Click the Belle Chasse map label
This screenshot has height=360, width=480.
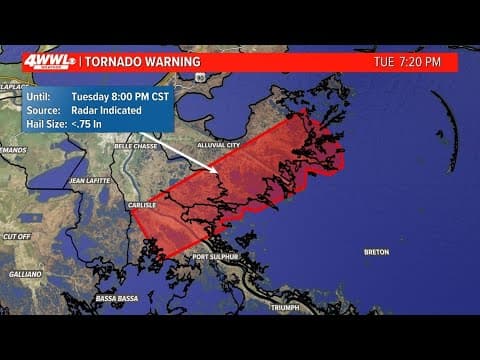click(x=137, y=146)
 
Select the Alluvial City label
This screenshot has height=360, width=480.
click(x=219, y=146)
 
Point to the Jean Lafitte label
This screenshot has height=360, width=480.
click(x=89, y=180)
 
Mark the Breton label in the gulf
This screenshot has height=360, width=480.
click(x=376, y=252)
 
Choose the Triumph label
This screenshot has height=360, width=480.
click(x=285, y=307)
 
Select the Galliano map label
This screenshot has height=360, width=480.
click(x=25, y=273)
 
